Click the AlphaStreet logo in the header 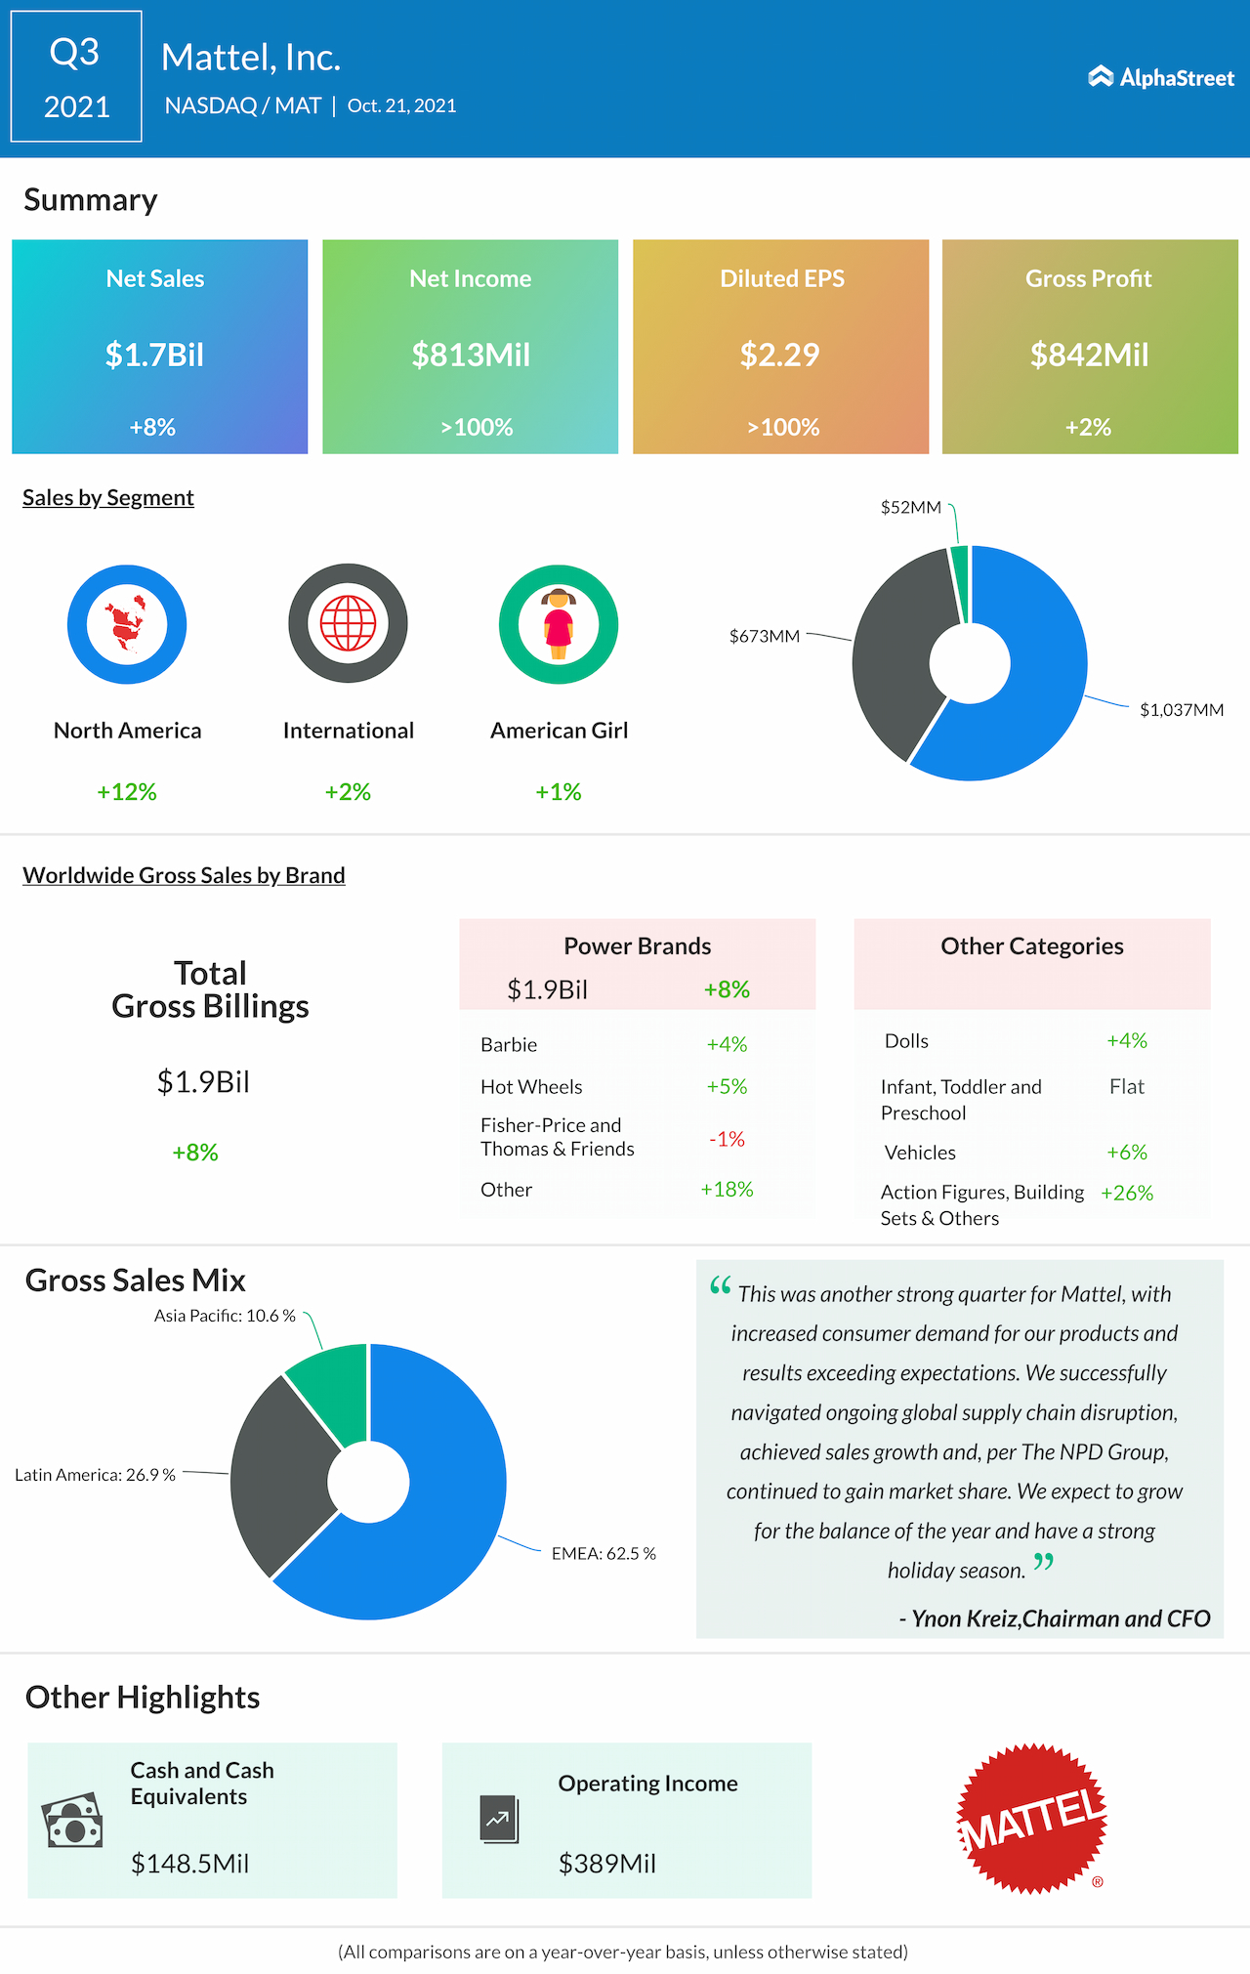[x=1161, y=77]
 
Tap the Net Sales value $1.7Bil [x=154, y=355]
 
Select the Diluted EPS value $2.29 [x=779, y=355]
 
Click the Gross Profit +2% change [x=1088, y=427]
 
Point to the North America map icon [x=127, y=624]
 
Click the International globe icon [x=348, y=623]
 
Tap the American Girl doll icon [x=559, y=624]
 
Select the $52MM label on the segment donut [x=910, y=507]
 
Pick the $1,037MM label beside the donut [x=1181, y=710]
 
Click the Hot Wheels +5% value [x=727, y=1086]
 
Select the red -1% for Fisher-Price [x=727, y=1139]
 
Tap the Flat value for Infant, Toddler [x=1126, y=1086]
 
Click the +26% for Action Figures [x=1126, y=1193]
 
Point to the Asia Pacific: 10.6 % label [x=225, y=1316]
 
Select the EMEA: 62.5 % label [x=603, y=1553]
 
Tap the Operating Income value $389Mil [x=606, y=1864]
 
